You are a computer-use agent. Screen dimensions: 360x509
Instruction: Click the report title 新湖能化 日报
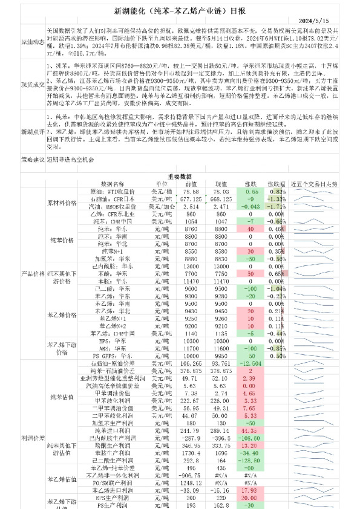[180, 11]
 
